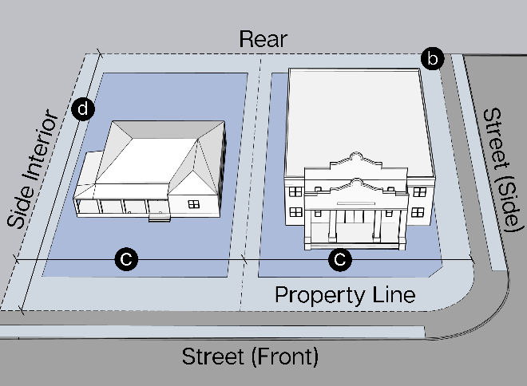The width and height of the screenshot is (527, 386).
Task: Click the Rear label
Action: coord(263,40)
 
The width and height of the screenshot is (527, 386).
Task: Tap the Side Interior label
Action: coord(34,170)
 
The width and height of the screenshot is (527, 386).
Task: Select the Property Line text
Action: coord(345,294)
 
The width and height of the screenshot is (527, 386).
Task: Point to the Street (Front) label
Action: coord(251,356)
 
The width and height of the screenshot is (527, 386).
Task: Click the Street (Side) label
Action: coord(501,169)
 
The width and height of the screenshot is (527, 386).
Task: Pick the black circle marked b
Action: coord(433,58)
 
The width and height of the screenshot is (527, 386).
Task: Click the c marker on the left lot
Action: coord(126,258)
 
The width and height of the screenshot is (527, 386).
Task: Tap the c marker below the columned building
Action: coord(340,258)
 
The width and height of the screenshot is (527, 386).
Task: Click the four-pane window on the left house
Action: coord(194,203)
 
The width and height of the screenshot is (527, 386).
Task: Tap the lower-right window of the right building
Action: coord(418,212)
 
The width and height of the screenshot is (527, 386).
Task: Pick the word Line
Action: coord(393,294)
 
